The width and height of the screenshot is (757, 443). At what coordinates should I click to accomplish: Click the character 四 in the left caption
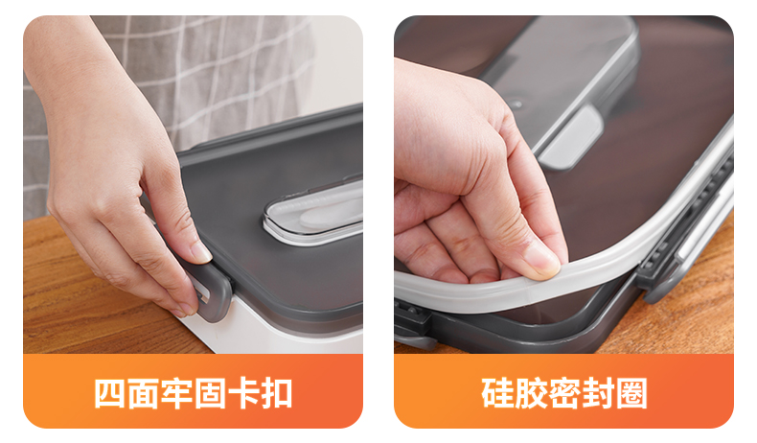coord(110,394)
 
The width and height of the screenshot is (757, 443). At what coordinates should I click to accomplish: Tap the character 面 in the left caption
coord(144,394)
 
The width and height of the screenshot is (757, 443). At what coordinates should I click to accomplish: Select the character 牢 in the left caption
coord(176,394)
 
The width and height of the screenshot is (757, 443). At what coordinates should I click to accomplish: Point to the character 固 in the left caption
coord(210,394)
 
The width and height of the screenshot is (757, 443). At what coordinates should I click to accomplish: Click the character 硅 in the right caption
coord(497,394)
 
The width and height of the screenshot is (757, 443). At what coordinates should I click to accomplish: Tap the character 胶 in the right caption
coord(531,394)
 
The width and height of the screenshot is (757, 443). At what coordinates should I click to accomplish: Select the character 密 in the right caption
coord(564,394)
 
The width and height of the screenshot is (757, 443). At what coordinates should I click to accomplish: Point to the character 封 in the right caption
coord(598,394)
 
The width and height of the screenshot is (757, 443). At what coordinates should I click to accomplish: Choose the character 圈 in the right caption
coord(631,394)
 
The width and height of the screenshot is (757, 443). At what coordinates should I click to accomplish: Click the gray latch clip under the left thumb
coord(212,290)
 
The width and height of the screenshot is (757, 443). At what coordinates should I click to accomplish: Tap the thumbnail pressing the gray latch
coord(200,251)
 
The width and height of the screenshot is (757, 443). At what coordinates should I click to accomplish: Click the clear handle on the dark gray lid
coord(313,212)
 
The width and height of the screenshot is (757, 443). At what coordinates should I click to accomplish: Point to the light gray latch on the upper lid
coord(571,139)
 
